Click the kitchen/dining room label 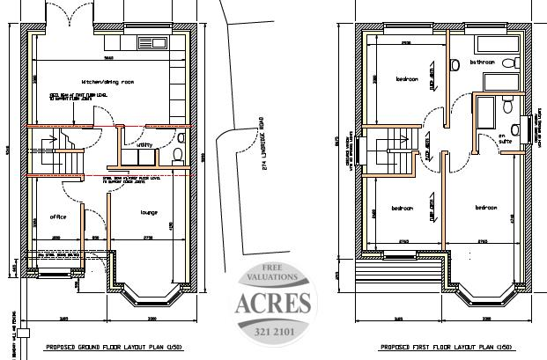tap(106, 81)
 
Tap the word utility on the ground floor tap(144, 143)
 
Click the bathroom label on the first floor tap(482, 62)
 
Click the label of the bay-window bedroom tap(485, 208)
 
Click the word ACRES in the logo tap(274, 302)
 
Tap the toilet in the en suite tap(509, 105)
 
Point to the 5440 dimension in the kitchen tap(107, 57)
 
